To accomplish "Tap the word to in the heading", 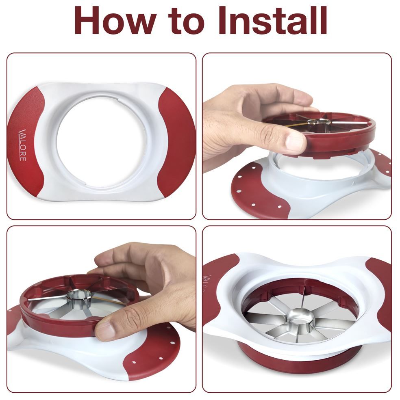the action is [187, 22].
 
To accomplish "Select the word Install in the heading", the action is [273, 20].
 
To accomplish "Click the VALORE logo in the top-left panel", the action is [22, 145].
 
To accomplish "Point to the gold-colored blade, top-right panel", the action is [297, 125].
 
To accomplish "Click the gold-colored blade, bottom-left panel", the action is [108, 301].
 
